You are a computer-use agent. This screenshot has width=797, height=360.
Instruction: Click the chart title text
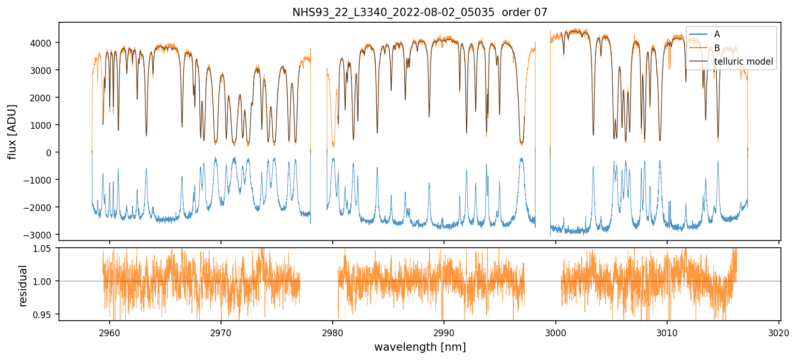[x=420, y=12]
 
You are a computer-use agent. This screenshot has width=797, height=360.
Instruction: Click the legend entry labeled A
[x=717, y=34]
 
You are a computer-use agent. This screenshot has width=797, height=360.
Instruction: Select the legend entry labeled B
[x=717, y=48]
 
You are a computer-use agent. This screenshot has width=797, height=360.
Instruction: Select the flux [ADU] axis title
[x=12, y=132]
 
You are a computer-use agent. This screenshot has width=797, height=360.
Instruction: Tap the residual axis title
[x=23, y=286]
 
